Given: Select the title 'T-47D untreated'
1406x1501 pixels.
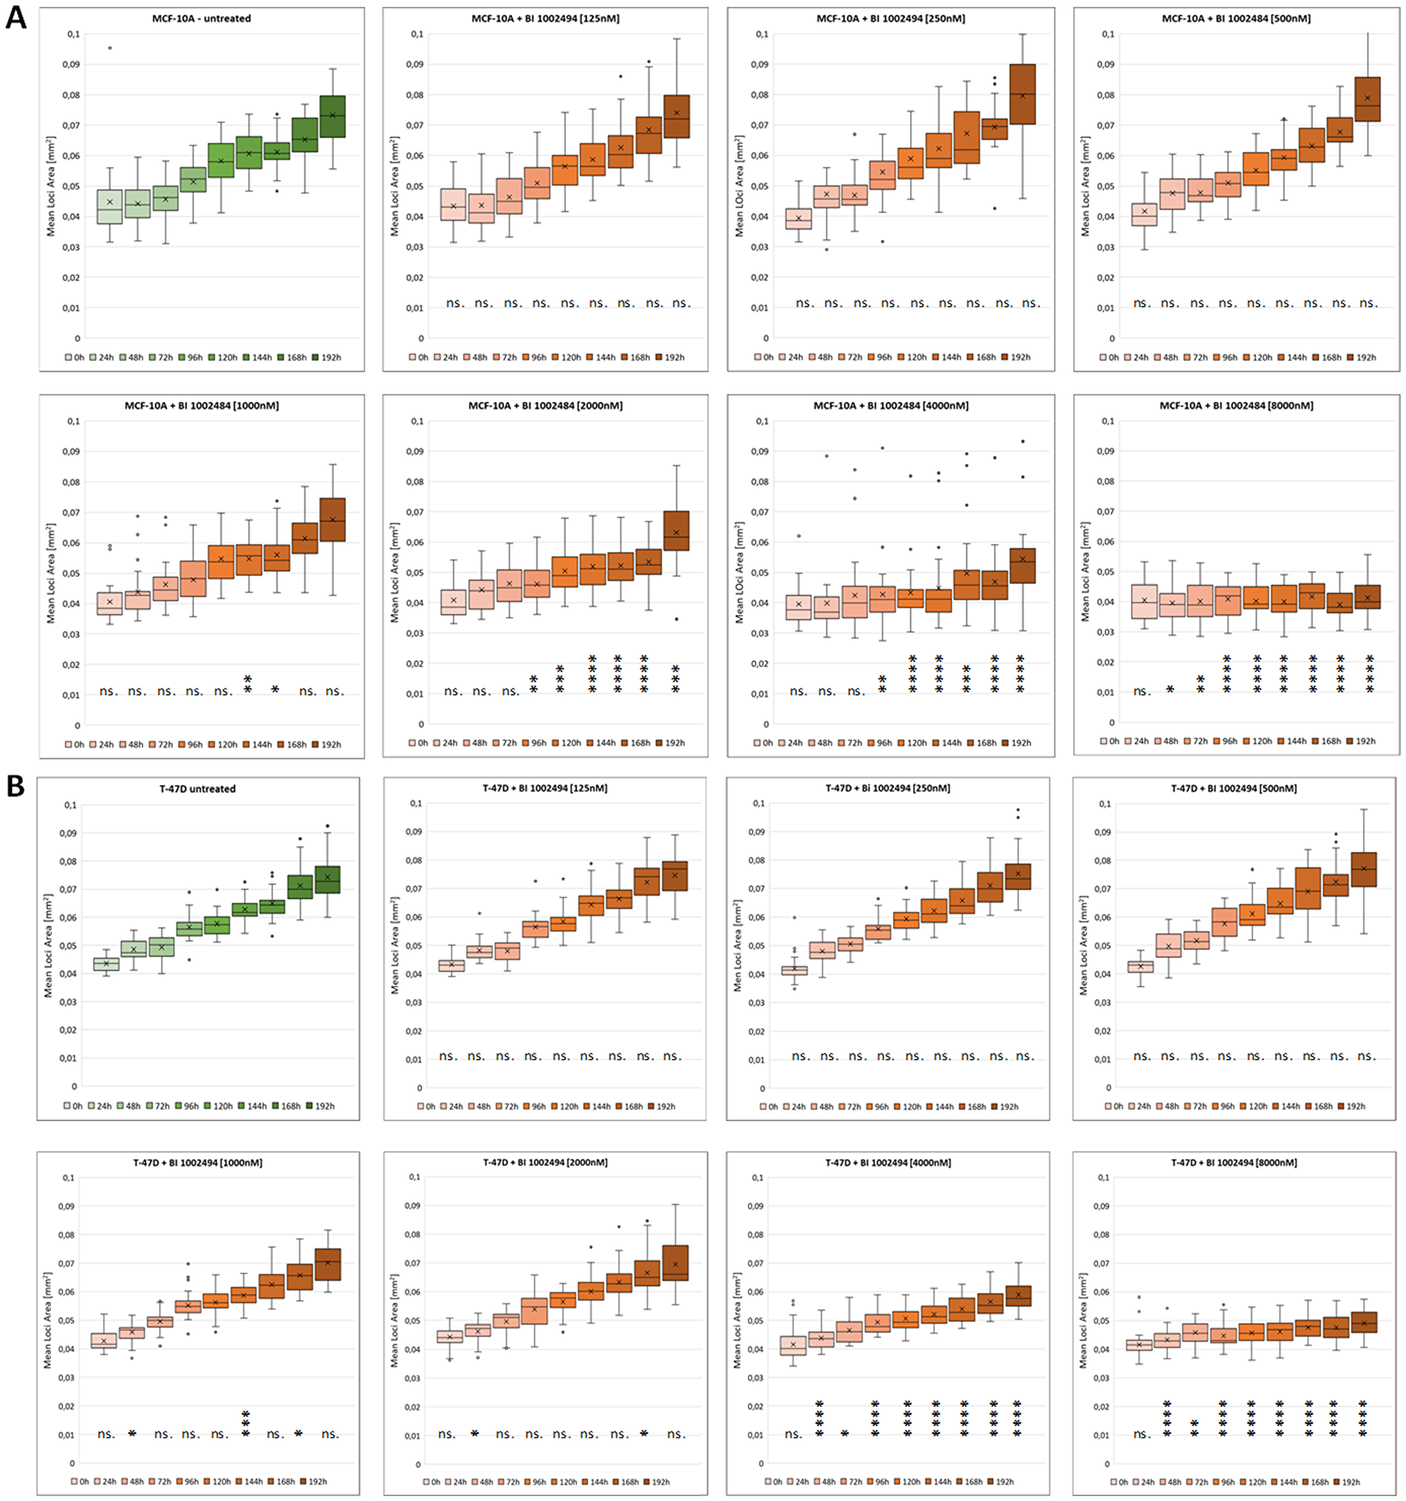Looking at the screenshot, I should tap(198, 788).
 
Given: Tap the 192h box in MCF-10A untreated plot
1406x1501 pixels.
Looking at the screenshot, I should tap(333, 116).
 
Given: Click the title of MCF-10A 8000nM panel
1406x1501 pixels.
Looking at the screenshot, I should tap(1236, 405).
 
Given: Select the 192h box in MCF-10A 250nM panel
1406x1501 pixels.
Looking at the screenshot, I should tap(1022, 94).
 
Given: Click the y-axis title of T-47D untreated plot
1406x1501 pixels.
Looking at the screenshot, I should tap(49, 945).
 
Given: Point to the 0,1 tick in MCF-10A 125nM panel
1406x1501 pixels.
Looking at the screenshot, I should tap(416, 34).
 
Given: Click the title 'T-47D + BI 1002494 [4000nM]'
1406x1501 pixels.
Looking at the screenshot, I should tap(888, 1163).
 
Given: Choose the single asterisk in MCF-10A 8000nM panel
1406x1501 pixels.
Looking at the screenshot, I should tap(1170, 689).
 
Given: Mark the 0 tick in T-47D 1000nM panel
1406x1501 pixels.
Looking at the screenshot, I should tap(72, 1464).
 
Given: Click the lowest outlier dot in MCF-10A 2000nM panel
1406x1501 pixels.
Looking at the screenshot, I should tap(676, 619).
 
